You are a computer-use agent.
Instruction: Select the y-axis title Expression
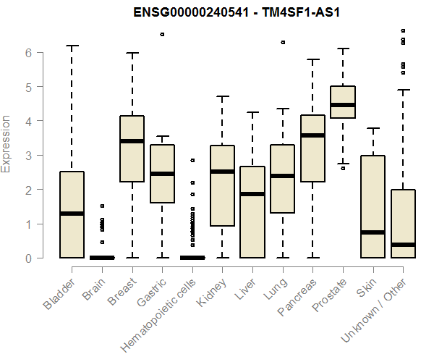point(7,143)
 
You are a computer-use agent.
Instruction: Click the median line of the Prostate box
point(343,105)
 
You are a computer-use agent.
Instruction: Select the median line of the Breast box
point(132,141)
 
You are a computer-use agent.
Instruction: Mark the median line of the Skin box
point(373,232)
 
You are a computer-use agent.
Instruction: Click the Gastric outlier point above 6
point(163,34)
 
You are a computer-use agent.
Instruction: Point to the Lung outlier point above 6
point(283,42)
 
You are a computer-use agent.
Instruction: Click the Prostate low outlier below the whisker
point(343,168)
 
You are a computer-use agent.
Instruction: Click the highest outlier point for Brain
point(103,206)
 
